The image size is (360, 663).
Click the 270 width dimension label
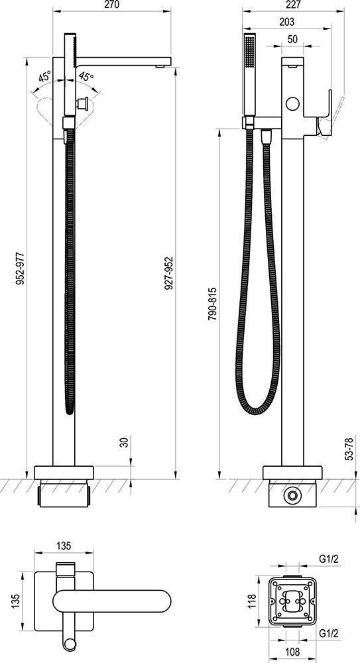click(x=111, y=5)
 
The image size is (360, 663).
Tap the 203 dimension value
click(x=287, y=22)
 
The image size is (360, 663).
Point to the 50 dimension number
click(x=292, y=38)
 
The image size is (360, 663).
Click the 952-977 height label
click(x=19, y=269)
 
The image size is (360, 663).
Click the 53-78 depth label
click(x=349, y=449)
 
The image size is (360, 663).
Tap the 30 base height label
click(x=125, y=443)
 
